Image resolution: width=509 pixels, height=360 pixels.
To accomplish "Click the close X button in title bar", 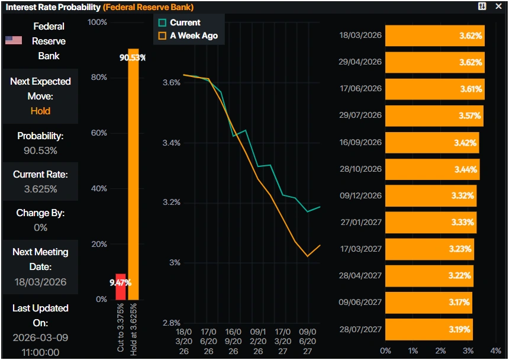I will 498,7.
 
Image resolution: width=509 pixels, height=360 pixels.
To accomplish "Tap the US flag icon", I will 14,40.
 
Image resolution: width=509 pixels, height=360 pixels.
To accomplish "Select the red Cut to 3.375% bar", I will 121,287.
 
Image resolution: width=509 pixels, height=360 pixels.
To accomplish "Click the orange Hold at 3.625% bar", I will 133,178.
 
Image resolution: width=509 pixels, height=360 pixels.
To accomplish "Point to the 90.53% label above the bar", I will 133,57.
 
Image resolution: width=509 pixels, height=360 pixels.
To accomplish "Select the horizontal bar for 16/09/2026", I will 432,142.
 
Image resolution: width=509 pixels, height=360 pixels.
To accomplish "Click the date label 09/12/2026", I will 360,195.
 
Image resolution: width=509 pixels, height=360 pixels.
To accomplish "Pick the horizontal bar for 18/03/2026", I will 435,36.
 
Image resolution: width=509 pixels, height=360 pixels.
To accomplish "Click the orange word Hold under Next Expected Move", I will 40,111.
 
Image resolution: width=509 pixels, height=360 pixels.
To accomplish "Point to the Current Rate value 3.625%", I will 40,189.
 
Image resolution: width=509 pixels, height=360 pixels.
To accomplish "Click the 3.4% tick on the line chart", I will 172,143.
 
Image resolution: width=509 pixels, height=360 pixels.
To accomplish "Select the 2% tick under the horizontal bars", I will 440,351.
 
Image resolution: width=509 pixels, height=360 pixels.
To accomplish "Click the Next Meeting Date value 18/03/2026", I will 40,282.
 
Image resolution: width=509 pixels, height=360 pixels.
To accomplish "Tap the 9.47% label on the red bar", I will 120,282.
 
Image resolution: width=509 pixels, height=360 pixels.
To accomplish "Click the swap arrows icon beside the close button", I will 482,7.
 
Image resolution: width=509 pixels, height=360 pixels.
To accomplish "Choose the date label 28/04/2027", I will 360,275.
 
